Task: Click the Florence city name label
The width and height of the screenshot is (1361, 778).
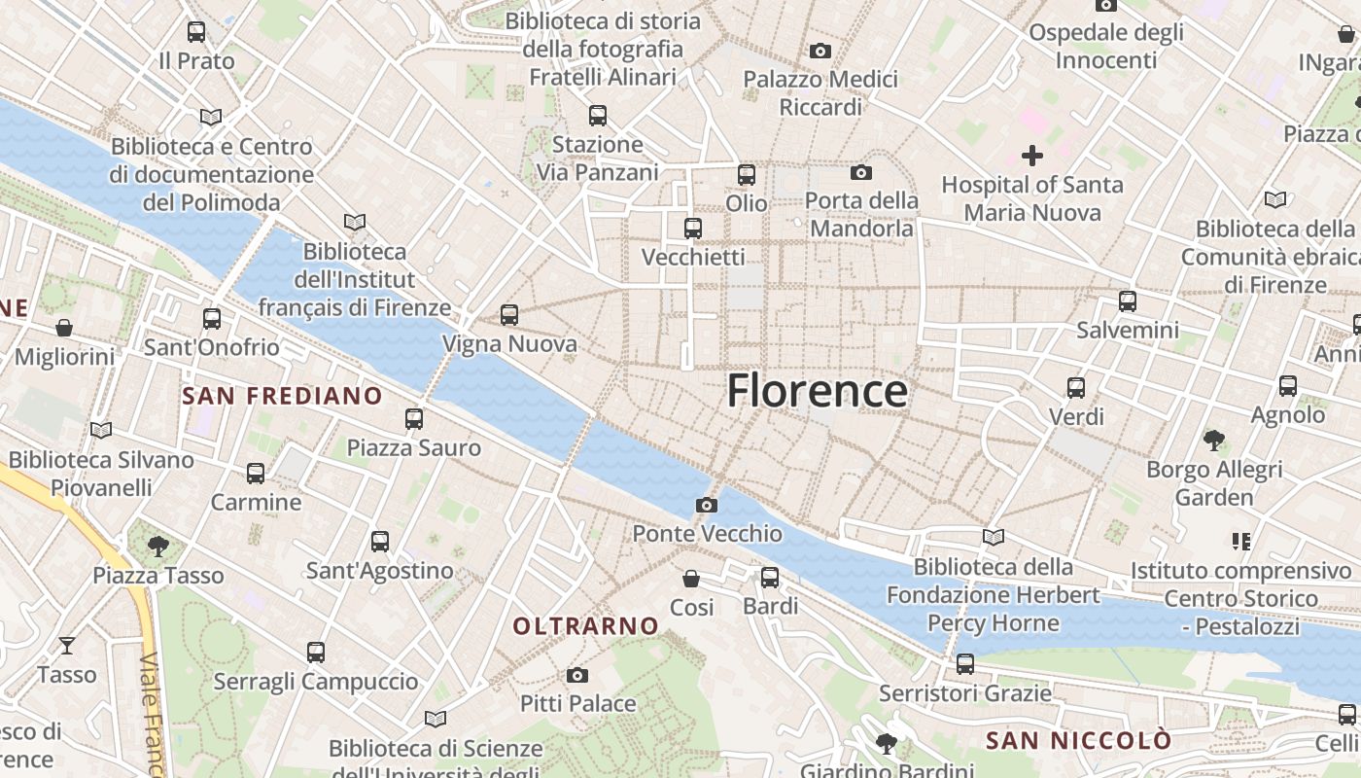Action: click(x=817, y=391)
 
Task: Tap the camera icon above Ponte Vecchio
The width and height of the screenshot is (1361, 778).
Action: click(x=707, y=505)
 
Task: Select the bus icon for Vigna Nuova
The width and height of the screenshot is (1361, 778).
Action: click(x=509, y=315)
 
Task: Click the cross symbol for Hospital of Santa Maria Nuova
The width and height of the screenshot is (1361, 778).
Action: click(x=1032, y=156)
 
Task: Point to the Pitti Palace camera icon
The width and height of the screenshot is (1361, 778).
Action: click(x=577, y=675)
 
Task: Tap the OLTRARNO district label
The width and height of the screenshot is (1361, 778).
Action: click(x=585, y=626)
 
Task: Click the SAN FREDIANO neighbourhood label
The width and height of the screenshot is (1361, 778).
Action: click(x=282, y=396)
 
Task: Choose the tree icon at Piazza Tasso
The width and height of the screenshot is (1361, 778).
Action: click(x=158, y=547)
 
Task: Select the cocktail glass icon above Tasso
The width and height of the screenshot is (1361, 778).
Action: click(x=66, y=645)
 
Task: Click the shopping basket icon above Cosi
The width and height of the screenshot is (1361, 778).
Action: click(x=691, y=579)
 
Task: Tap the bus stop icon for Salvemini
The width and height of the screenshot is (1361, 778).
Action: click(x=1128, y=301)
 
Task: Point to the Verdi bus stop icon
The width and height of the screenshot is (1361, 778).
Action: click(x=1076, y=388)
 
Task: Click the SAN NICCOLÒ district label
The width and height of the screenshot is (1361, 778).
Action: click(x=1078, y=741)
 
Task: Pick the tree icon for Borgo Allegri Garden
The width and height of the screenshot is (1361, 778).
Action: click(x=1213, y=441)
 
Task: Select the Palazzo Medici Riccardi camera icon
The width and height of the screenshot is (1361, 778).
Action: click(x=820, y=51)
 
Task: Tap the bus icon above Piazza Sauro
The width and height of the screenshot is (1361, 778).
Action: click(x=414, y=419)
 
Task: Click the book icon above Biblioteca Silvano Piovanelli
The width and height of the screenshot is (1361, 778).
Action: click(x=101, y=430)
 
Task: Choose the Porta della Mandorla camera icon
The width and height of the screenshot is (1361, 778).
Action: click(x=860, y=173)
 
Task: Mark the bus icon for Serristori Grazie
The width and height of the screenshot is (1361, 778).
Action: click(x=964, y=664)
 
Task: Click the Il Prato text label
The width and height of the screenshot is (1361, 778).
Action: click(x=196, y=61)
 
